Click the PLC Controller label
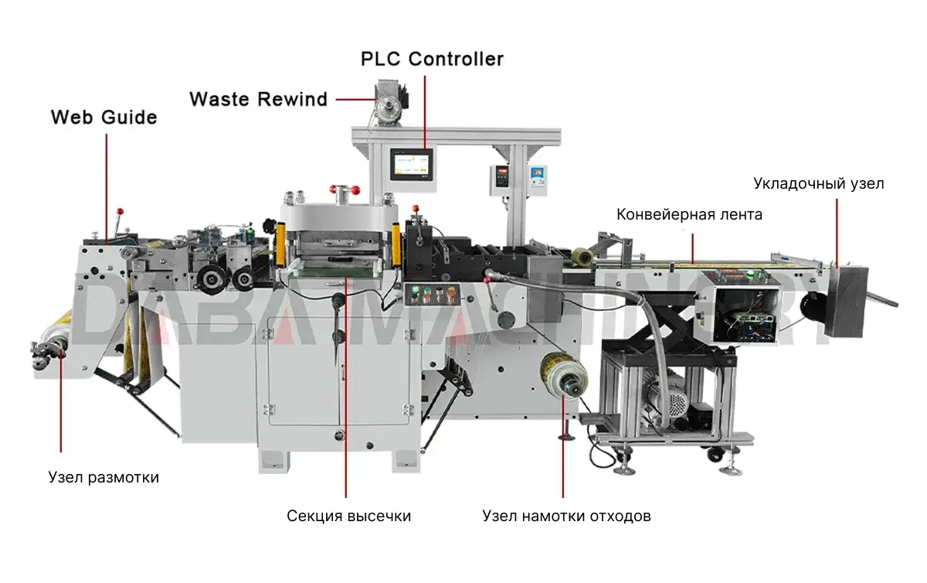coord(432,59)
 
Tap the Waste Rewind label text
coord(259,99)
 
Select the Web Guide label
coord(104,118)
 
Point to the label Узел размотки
coord(104,478)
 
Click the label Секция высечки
coord(349,517)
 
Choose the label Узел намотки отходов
coord(566,517)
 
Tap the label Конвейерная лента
coord(689,215)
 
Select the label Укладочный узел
coord(819,183)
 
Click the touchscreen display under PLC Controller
coord(412,165)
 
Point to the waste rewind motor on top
coord(391,102)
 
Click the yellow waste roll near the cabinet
coord(565,376)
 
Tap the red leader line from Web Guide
coord(107,189)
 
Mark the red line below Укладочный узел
coord(837,233)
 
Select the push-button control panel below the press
coord(433,294)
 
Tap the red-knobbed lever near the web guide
coord(119,226)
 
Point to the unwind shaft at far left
coord(49,353)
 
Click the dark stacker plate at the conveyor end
coord(847,302)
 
